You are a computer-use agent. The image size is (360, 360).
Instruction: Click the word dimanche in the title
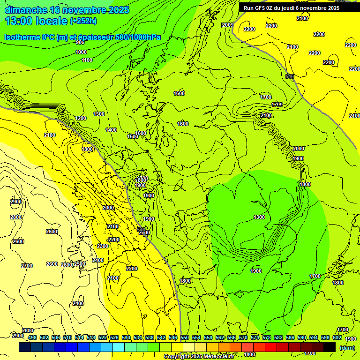[25, 10]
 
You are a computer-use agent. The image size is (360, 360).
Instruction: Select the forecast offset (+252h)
[83, 21]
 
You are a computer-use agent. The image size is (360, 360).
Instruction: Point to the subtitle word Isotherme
[22, 37]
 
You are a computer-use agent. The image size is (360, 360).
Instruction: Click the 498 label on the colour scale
[32, 337]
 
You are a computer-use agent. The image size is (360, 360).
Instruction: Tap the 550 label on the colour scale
[185, 337]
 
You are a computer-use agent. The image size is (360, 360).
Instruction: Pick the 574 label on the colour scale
[255, 337]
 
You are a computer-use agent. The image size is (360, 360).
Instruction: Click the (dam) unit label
[347, 348]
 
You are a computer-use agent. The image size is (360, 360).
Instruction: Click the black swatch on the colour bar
[330, 347]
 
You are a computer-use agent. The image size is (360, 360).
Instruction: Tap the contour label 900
[80, 42]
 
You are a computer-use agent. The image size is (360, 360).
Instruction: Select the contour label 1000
[81, 52]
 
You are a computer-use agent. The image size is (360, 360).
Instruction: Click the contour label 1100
[87, 60]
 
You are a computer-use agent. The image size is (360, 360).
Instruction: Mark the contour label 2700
[27, 266]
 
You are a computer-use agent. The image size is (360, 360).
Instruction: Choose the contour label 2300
[102, 246]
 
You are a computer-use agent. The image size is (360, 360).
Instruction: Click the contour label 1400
[111, 130]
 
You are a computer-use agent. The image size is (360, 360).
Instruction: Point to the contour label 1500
[133, 136]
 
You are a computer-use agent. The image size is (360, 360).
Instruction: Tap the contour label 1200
[81, 118]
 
